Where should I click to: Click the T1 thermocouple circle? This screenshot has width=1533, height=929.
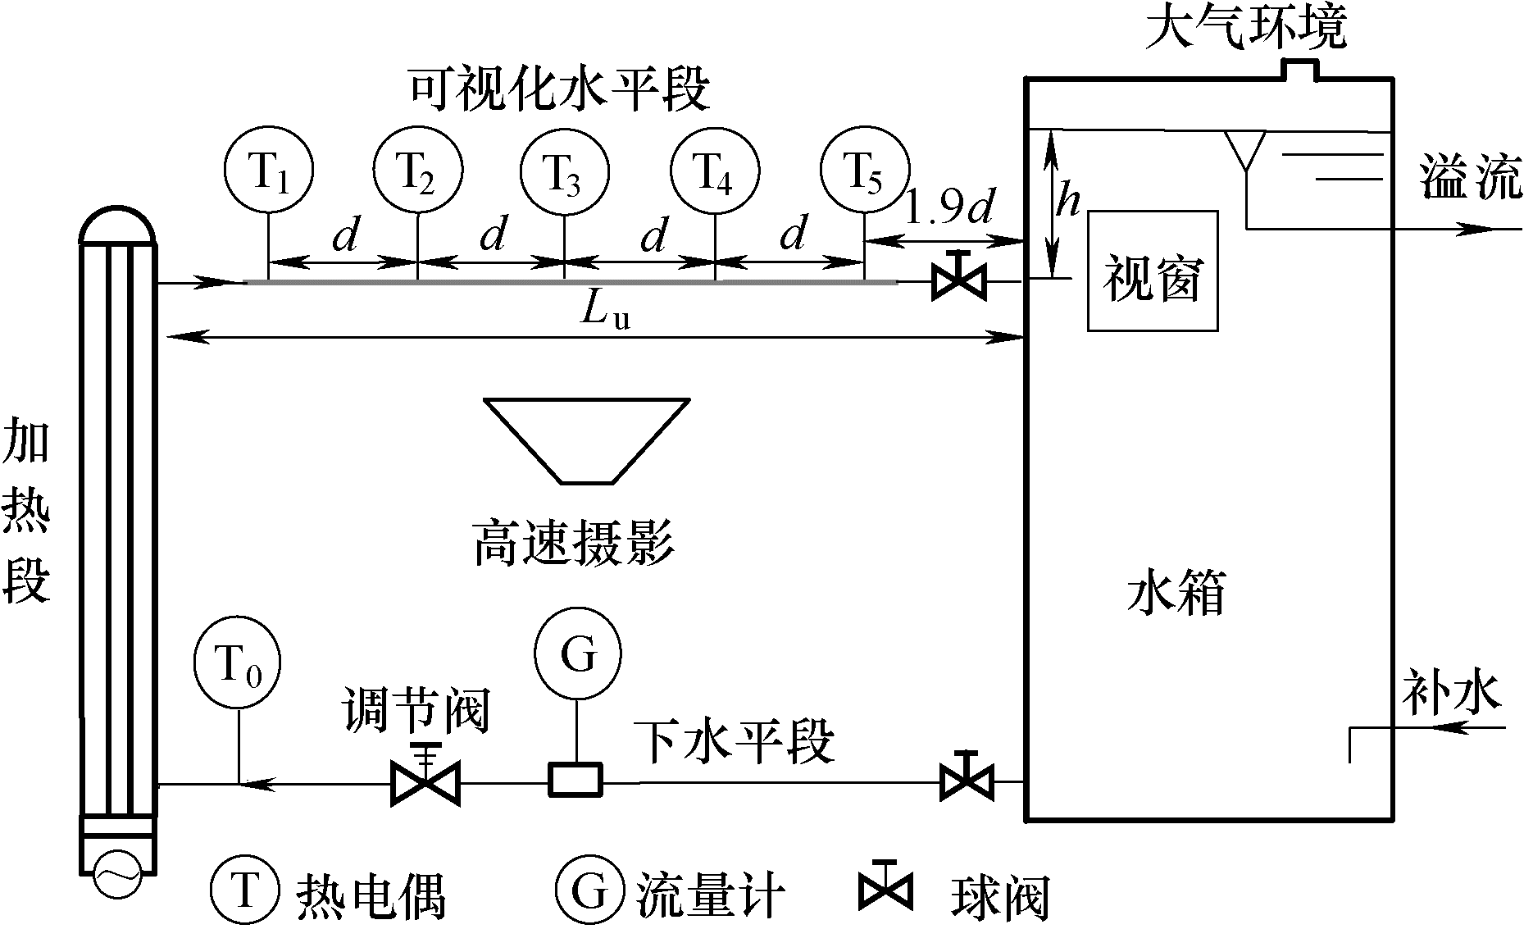[269, 170]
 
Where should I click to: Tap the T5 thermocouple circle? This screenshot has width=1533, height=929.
[864, 170]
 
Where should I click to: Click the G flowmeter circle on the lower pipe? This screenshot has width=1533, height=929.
[578, 653]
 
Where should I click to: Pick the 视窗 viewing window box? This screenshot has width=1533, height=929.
[1152, 271]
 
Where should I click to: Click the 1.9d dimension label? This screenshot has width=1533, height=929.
[948, 209]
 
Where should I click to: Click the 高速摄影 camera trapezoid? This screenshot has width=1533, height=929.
[586, 439]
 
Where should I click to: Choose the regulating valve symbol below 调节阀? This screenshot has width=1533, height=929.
[425, 783]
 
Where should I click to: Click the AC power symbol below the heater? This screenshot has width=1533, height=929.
[116, 873]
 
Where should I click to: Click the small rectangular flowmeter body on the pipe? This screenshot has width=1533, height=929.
[575, 778]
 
